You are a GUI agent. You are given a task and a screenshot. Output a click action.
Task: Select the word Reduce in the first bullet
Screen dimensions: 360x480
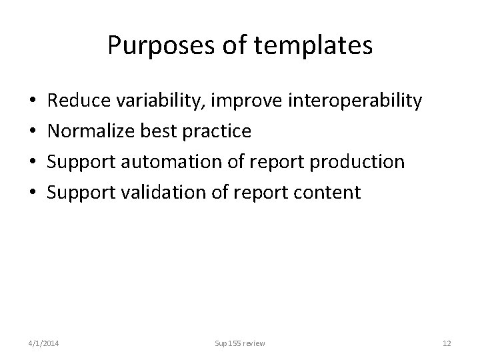[x=79, y=101]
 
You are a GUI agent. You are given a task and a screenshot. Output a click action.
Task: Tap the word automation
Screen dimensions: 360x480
[x=175, y=162]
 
